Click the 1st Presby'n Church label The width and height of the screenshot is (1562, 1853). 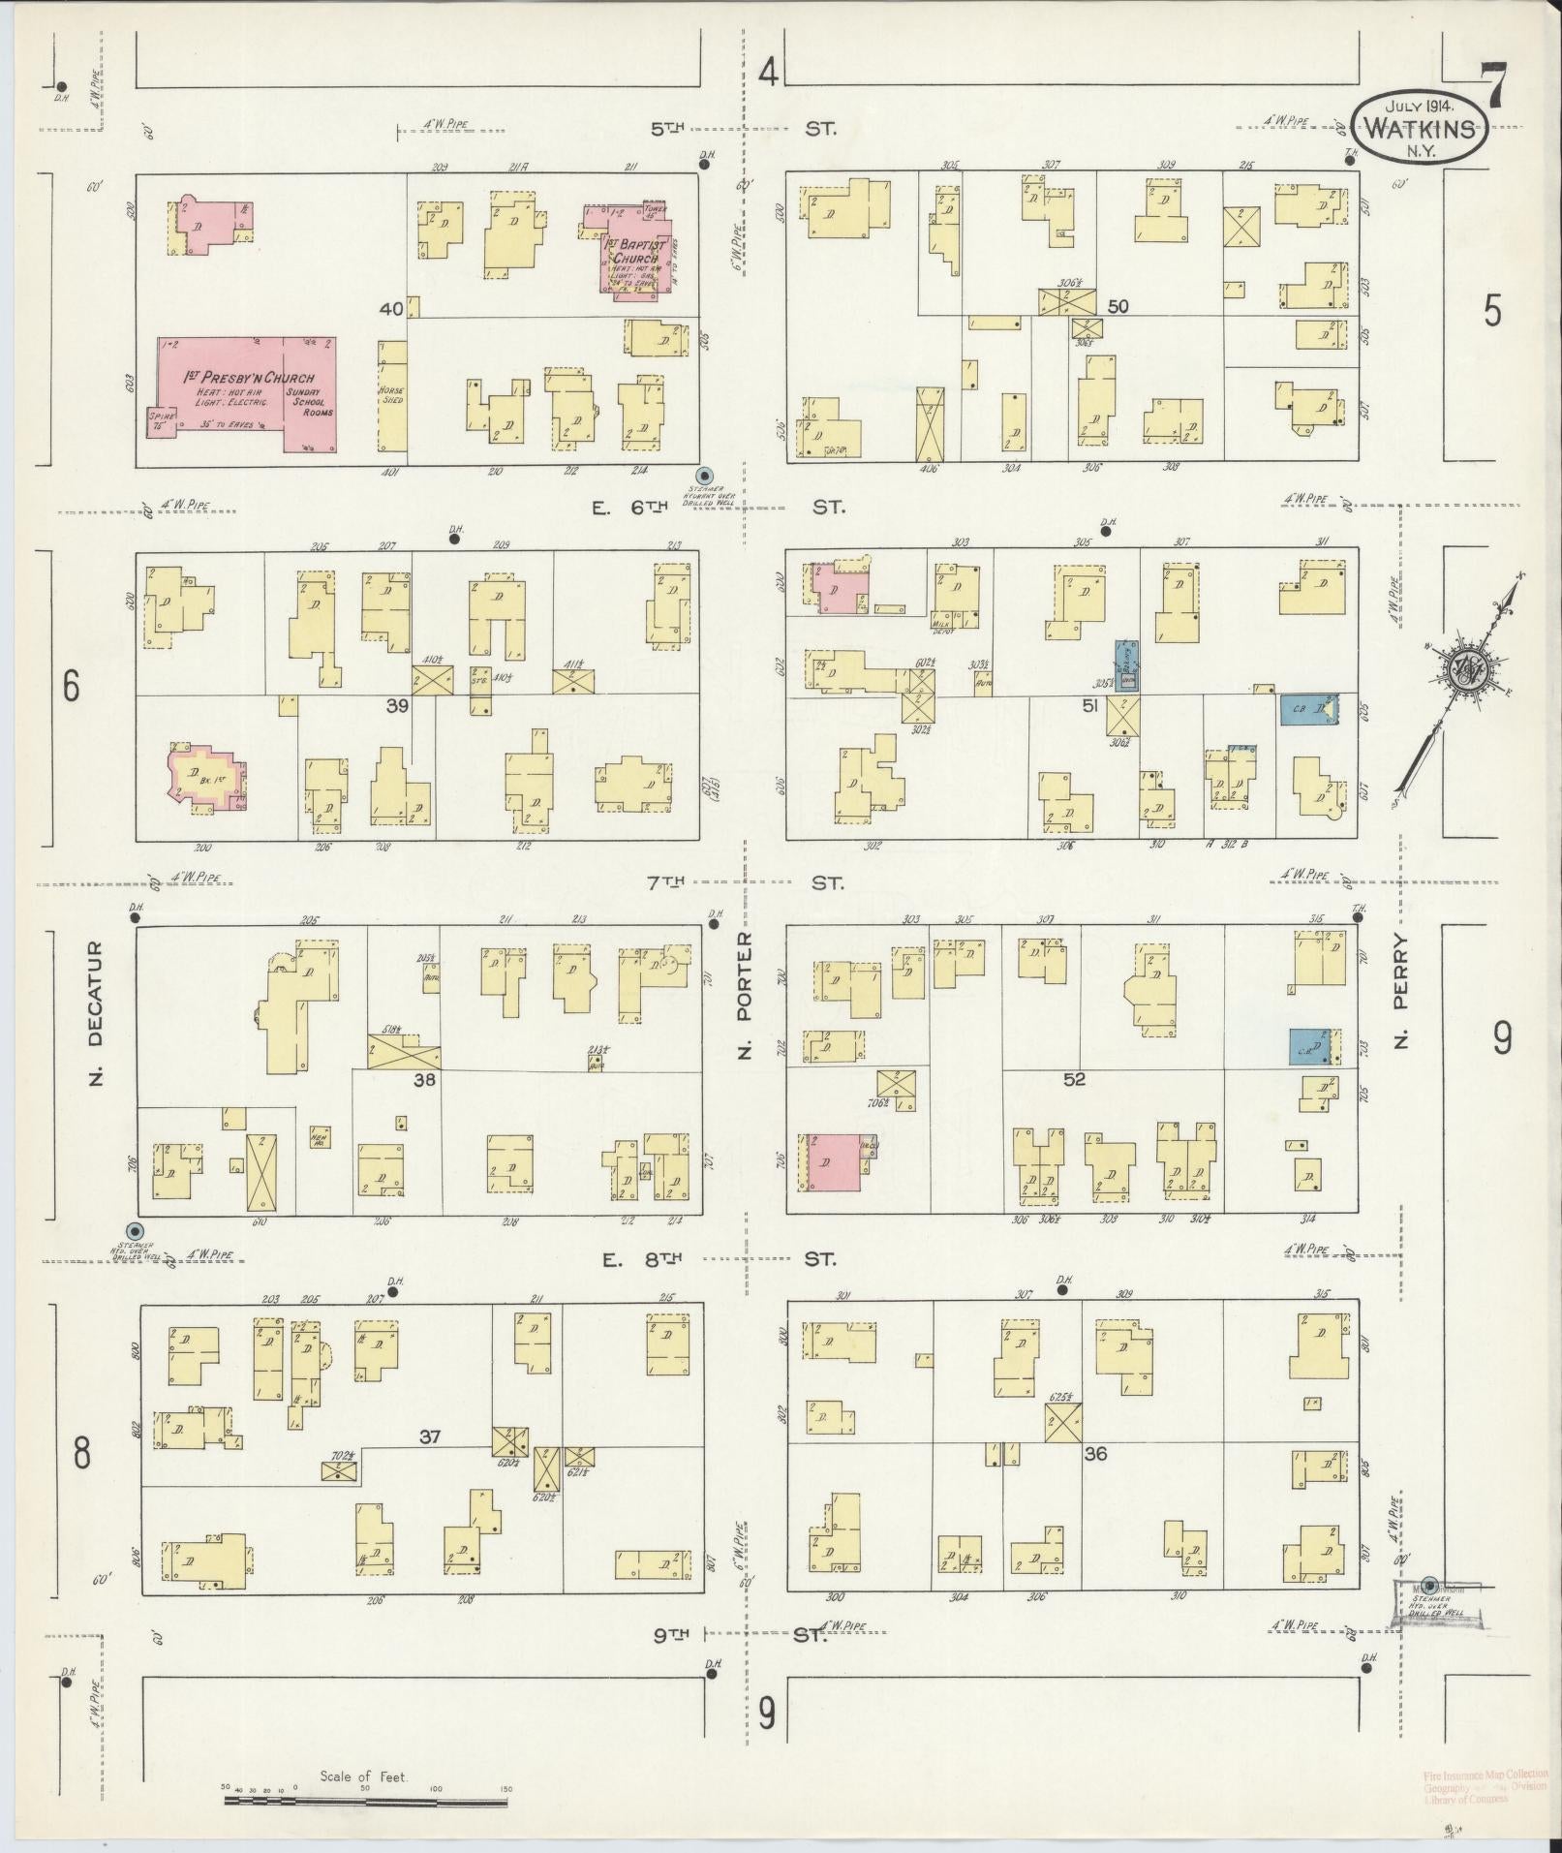[x=250, y=378]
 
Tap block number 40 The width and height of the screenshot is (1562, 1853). [x=391, y=309]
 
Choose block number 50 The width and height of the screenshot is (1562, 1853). [x=1118, y=306]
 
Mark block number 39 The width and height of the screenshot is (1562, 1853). [x=397, y=705]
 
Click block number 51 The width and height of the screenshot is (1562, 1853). [x=1090, y=706]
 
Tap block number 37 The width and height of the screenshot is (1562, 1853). [x=429, y=1436]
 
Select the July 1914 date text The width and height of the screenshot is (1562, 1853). [x=1420, y=107]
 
